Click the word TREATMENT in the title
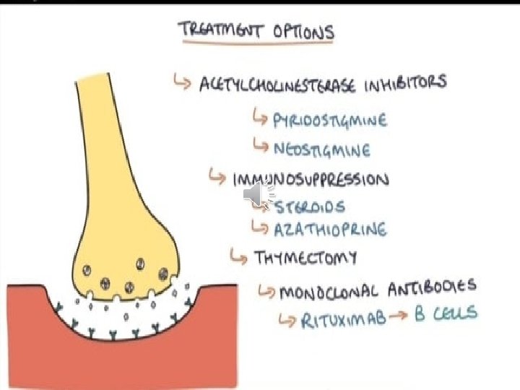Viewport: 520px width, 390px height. point(218,30)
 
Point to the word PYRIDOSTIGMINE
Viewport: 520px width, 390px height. point(330,119)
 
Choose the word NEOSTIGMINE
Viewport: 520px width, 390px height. point(322,149)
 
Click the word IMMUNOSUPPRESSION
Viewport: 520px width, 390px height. point(310,179)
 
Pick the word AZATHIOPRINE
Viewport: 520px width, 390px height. point(330,230)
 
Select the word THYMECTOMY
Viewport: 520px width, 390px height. point(305,257)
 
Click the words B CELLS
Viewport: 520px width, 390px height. point(446,313)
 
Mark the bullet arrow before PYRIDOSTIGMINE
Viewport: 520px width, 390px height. point(260,117)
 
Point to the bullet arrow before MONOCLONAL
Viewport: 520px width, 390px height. point(266,292)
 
